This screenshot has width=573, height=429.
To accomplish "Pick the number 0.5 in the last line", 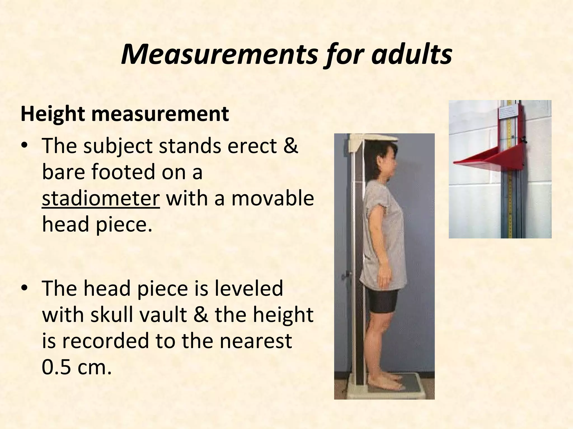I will click(x=57, y=367).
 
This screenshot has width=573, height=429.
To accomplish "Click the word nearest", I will click(x=256, y=341).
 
